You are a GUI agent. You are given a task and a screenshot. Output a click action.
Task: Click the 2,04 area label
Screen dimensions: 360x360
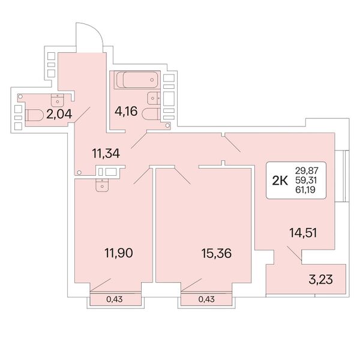point(59,114)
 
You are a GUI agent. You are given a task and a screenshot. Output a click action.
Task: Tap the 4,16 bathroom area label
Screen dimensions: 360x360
point(126,112)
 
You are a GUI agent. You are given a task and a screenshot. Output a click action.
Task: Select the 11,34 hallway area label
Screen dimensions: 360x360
point(106,154)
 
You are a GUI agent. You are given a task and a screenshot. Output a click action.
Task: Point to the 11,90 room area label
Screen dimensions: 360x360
point(119,253)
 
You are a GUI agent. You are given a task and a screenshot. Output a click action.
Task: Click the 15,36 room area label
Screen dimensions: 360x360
point(217,253)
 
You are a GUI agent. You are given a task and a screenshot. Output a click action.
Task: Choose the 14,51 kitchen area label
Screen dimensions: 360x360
point(303,233)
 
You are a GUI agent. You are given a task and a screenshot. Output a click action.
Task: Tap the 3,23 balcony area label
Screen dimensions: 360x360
point(320,280)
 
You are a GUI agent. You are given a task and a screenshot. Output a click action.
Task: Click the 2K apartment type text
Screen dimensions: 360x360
point(280,181)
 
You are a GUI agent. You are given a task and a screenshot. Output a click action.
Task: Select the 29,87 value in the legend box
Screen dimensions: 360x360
point(307,171)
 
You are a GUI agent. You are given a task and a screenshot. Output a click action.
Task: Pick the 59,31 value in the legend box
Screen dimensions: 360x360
point(306,180)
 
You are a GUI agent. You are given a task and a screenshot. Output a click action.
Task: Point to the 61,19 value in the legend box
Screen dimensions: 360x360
point(305,190)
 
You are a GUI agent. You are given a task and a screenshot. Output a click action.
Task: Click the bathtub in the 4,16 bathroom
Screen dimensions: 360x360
point(137,80)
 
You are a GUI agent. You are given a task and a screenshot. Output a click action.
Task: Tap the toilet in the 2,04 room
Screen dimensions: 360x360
point(34,115)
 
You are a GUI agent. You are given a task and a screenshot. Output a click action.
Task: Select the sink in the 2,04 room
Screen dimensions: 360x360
point(58,100)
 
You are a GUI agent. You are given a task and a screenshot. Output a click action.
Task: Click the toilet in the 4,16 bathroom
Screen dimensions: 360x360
point(151,114)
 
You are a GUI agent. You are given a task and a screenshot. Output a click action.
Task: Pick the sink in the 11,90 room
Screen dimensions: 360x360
point(102,185)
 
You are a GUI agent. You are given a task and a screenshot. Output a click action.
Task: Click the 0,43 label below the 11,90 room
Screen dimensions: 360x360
point(115,299)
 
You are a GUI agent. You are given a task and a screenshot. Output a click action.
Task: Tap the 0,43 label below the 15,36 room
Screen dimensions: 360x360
point(206,299)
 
